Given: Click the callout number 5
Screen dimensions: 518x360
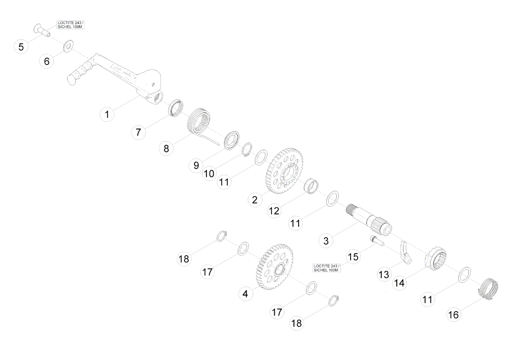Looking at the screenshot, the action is coord(21,47).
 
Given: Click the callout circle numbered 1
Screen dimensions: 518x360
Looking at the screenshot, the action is coord(107,114).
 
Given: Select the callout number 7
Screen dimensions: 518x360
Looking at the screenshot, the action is coord(138,132).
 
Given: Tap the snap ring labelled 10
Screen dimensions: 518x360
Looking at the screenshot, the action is coord(247,150).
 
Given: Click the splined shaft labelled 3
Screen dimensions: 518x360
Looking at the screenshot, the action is coord(369,220).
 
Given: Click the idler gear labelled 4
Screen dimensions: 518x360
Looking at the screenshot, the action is coord(275,266).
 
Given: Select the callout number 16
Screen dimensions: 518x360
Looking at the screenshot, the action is coord(453,315).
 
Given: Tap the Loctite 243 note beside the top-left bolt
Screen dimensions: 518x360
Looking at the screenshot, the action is coord(71,25).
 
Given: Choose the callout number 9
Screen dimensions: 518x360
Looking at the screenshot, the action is coord(196,165).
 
